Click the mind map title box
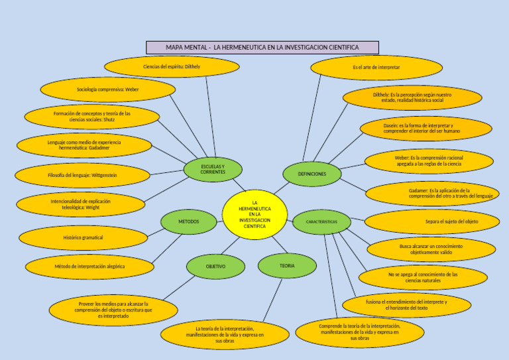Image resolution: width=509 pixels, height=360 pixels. point(262,48)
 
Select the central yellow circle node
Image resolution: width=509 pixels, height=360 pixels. point(254,214)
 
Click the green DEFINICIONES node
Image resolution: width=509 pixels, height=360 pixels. point(312,174)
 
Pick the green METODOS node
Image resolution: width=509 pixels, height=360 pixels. point(188,221)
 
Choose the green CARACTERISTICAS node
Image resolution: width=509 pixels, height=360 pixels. point(321,221)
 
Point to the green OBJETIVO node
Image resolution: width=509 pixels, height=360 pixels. point(215,267)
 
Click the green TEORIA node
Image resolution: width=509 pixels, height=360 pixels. point(287,266)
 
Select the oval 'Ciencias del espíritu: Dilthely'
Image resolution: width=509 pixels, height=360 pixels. point(172,67)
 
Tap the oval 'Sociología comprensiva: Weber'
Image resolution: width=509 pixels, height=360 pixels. point(108,89)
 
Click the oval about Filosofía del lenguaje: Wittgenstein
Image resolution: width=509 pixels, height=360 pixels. point(83,176)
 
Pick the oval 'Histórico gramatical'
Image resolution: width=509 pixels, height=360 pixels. point(84,237)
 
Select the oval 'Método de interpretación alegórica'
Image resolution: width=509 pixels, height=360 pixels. point(89,267)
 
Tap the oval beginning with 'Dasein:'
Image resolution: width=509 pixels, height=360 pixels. point(426,128)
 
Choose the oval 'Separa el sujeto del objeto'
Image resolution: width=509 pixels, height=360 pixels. point(431,221)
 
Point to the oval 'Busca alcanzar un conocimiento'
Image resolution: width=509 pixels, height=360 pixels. point(431,249)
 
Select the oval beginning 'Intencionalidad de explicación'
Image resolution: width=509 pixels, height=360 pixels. point(81,205)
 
